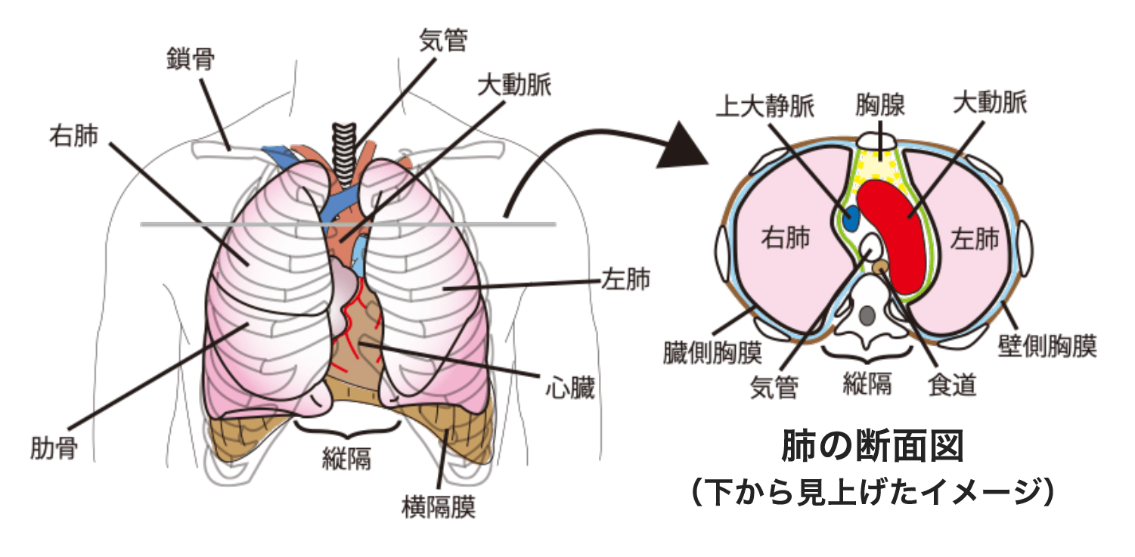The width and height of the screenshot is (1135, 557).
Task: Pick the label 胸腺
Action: [x=881, y=104]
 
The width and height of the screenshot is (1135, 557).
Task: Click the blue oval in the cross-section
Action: [x=851, y=219]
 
